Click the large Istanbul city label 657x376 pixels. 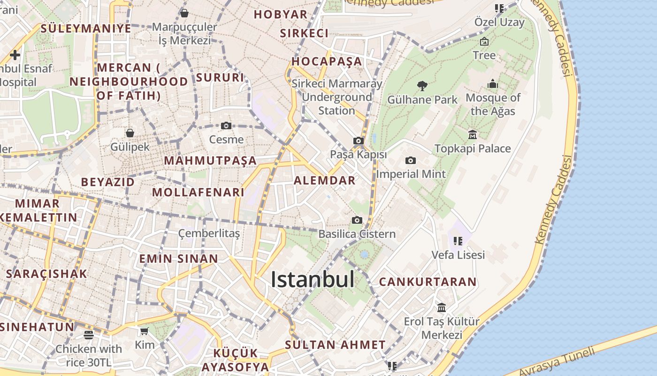pyautogui.click(x=313, y=280)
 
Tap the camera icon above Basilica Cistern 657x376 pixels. pyautogui.click(x=357, y=220)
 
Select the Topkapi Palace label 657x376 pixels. pyautogui.click(x=473, y=149)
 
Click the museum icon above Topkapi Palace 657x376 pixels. pyautogui.click(x=473, y=135)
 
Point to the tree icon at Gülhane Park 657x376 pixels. pyautogui.click(x=422, y=86)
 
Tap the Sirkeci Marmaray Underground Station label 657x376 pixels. pyautogui.click(x=336, y=97)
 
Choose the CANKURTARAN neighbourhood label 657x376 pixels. pyautogui.click(x=428, y=282)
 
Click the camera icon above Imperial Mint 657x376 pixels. pyautogui.click(x=411, y=160)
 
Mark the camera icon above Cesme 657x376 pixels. pyautogui.click(x=226, y=125)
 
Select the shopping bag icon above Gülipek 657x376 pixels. pyautogui.click(x=130, y=133)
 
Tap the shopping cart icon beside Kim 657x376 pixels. pyautogui.click(x=144, y=331)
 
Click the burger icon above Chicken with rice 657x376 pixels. pyautogui.click(x=89, y=335)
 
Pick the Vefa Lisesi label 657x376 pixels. pyautogui.click(x=458, y=255)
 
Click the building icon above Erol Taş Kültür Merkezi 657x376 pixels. pyautogui.click(x=442, y=307)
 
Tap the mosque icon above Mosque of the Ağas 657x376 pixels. pyautogui.click(x=493, y=84)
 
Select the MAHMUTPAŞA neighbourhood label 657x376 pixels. pyautogui.click(x=210, y=161)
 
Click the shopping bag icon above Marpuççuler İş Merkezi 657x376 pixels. pyautogui.click(x=184, y=13)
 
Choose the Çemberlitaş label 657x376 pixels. pyautogui.click(x=209, y=234)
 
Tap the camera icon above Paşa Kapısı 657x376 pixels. pyautogui.click(x=359, y=141)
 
